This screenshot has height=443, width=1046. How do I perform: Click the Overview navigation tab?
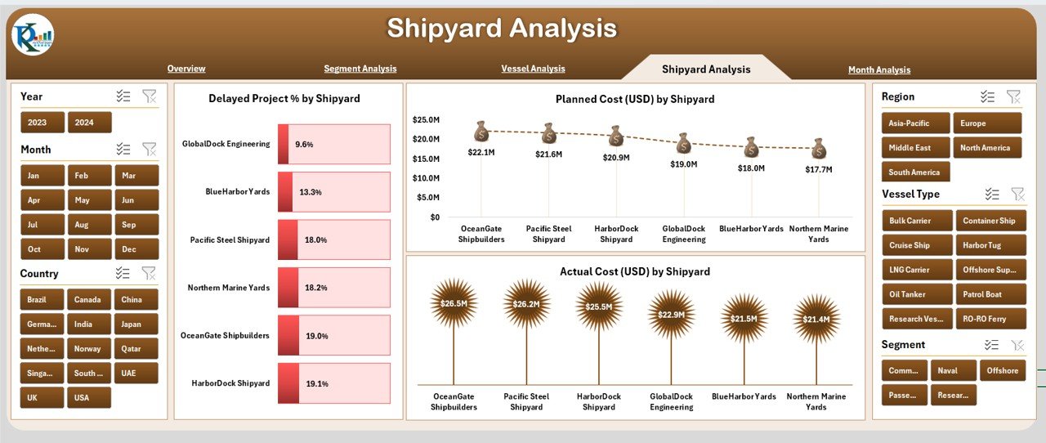[x=186, y=69]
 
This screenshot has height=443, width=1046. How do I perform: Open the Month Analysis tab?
[x=878, y=70]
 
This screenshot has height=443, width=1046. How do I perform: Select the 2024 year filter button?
[x=89, y=123]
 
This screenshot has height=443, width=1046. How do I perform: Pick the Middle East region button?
[x=915, y=148]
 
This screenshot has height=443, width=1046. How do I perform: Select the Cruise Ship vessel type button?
[x=917, y=245]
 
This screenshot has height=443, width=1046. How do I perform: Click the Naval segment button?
[x=953, y=371]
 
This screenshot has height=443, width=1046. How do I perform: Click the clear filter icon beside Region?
[x=1013, y=96]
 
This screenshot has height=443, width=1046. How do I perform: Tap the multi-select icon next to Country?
[x=123, y=273]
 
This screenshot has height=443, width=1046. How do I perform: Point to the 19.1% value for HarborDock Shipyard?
[x=315, y=383]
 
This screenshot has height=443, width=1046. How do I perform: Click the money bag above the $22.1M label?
[x=481, y=131]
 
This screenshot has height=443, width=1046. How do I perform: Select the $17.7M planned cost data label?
[x=818, y=169]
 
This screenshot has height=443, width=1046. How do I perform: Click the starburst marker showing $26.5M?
[x=454, y=303]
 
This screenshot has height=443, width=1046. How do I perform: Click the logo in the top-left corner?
[x=33, y=36]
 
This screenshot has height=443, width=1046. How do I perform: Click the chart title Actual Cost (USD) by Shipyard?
[x=634, y=271]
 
